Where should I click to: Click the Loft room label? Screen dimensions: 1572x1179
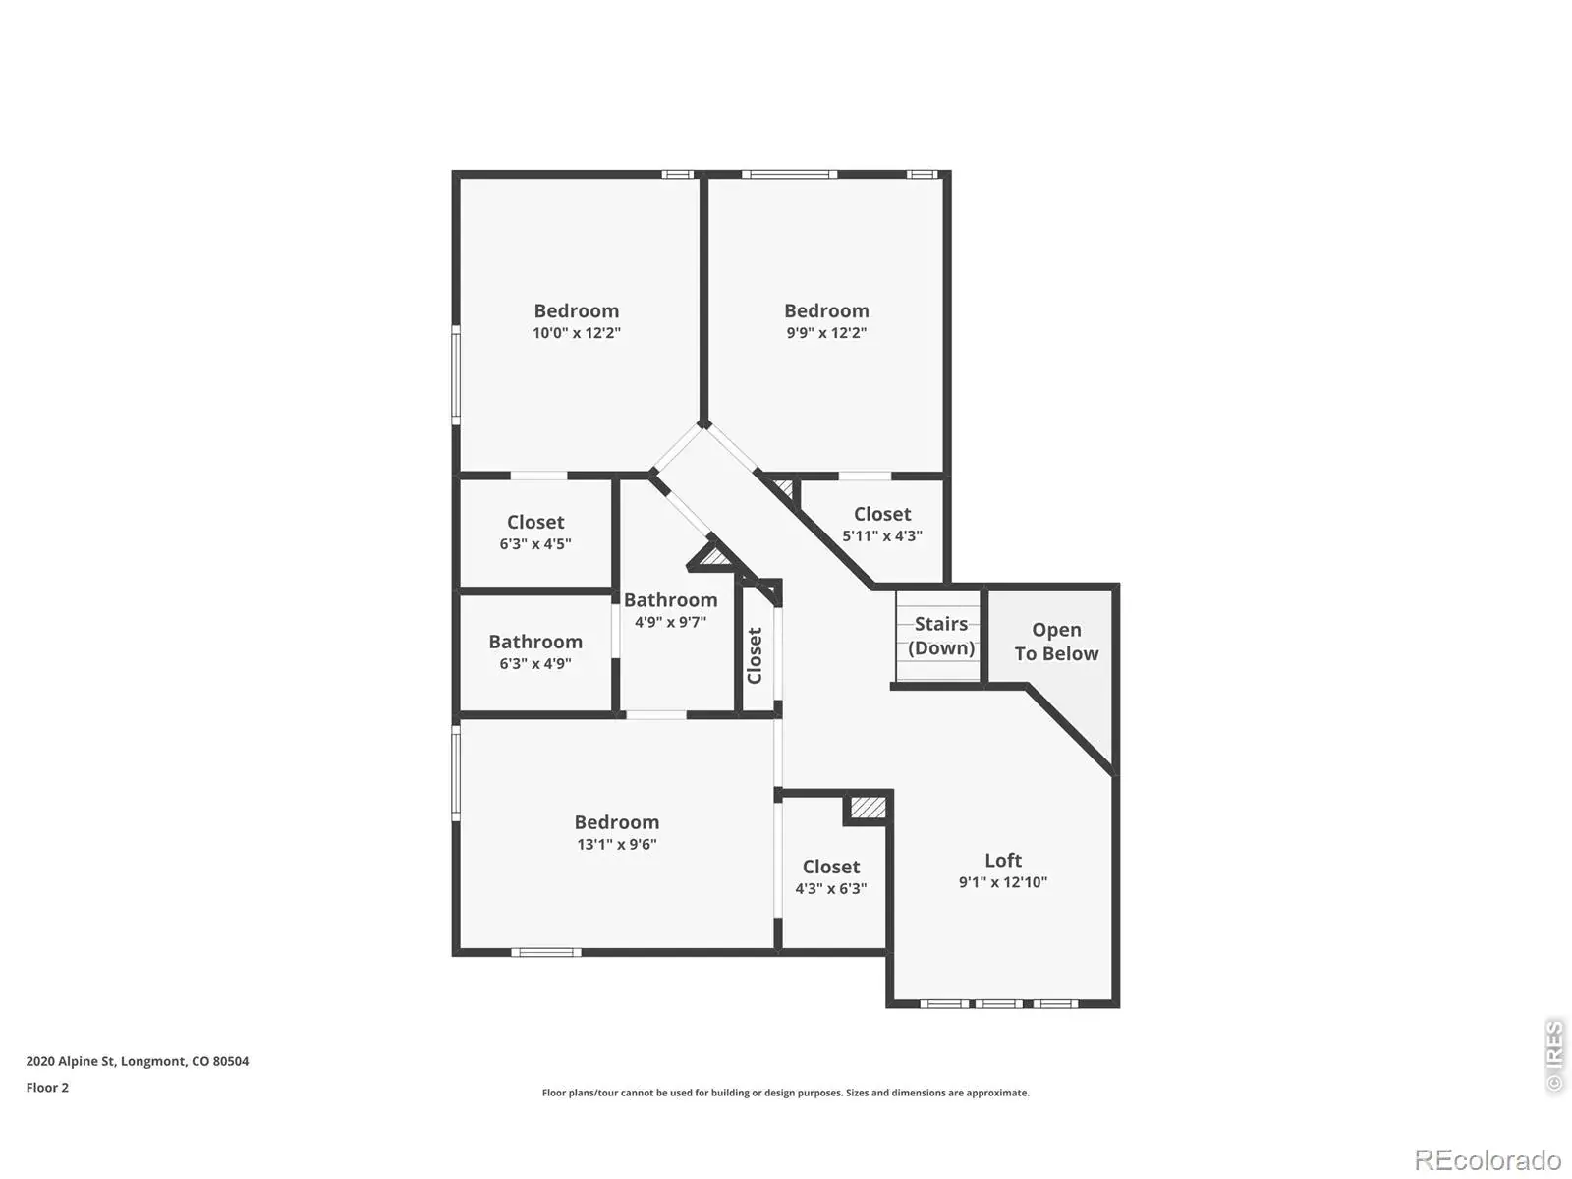pos(1002,860)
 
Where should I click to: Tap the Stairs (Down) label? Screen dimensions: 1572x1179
pos(940,636)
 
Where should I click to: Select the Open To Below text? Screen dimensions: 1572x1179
pos(1055,642)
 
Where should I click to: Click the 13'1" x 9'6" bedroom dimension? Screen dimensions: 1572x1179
pos(617,844)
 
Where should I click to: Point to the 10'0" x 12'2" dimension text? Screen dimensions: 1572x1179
pos(576,333)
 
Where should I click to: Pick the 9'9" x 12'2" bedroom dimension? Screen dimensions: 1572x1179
pos(825,333)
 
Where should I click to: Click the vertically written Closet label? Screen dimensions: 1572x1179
pos(755,655)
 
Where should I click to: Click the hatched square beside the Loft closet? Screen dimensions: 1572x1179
pos(868,808)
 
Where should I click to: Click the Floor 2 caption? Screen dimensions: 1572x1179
pos(47,1088)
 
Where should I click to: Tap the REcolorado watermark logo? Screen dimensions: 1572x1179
pos(1487,1159)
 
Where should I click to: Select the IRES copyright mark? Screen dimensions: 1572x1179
pos(1553,1055)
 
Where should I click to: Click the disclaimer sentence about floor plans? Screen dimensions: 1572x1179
pos(786,1093)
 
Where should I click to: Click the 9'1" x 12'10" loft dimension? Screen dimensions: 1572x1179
pos(1003,882)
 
